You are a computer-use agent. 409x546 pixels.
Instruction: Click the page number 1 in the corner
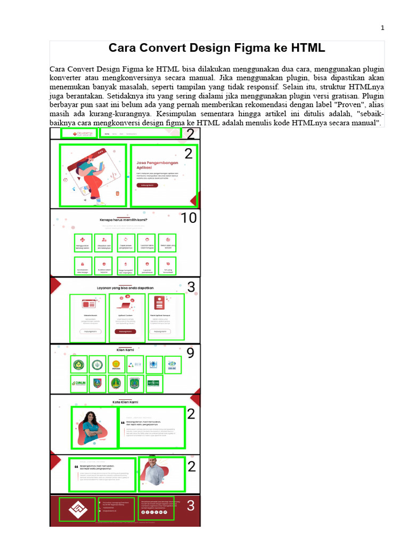(382, 28)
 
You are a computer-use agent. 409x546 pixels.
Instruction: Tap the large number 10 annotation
(189, 218)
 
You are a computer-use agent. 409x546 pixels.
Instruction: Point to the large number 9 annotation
(190, 353)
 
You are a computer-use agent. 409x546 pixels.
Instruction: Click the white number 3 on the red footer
(191, 506)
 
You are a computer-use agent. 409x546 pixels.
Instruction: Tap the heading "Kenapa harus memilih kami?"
(124, 220)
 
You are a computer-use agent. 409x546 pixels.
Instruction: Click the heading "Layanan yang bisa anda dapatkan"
(125, 288)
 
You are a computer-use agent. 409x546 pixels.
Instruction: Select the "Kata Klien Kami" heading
(125, 402)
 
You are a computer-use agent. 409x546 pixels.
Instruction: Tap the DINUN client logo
(78, 382)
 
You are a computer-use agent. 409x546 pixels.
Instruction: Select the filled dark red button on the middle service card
(125, 331)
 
